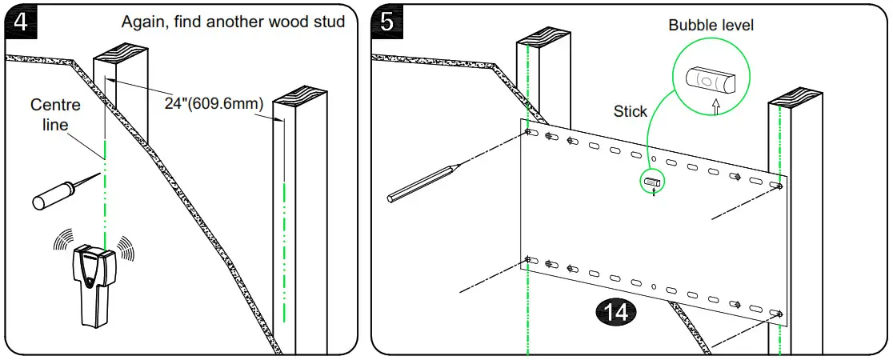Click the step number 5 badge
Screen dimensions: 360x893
(386, 21)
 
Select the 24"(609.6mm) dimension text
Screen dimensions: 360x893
(207, 104)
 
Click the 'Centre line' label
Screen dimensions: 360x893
(50, 114)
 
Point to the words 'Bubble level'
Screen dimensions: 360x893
(711, 26)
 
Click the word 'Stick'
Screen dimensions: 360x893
(630, 111)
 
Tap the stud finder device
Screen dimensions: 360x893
(94, 284)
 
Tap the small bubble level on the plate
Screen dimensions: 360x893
(652, 182)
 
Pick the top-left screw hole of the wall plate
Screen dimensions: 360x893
(529, 131)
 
